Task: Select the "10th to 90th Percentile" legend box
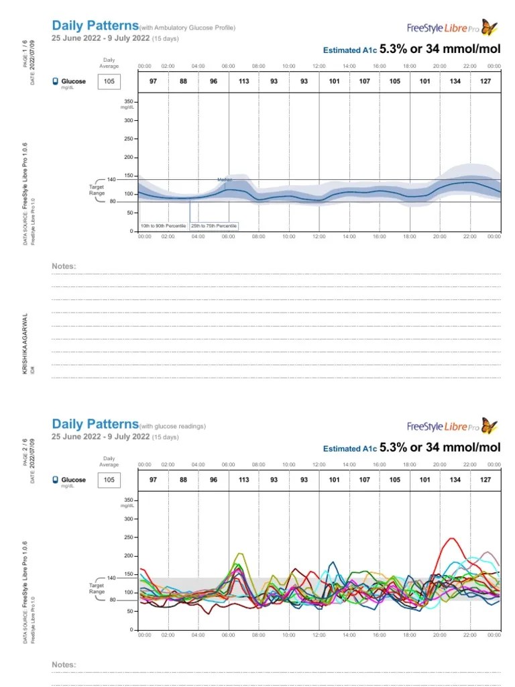click(163, 227)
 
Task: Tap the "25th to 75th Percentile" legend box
click(214, 227)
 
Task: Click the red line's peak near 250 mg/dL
click(453, 538)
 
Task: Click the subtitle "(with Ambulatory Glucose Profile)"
click(187, 28)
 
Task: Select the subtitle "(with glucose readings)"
click(172, 426)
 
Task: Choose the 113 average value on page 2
click(243, 480)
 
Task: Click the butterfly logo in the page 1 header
click(490, 27)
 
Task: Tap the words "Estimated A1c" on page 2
click(349, 449)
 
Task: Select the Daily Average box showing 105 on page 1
click(109, 81)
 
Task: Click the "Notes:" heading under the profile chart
click(64, 266)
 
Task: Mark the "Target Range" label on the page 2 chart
click(97, 588)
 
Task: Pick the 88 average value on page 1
click(183, 81)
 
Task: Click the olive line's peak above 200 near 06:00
click(240, 553)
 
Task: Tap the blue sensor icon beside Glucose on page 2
click(55, 480)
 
